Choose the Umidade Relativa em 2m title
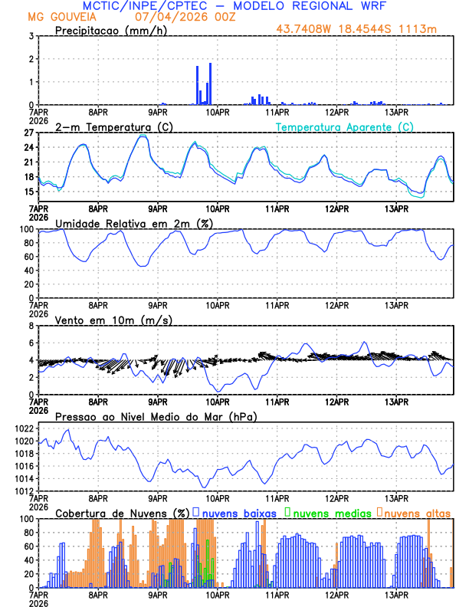(133, 223)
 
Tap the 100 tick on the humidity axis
(28, 229)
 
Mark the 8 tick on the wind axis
(32, 326)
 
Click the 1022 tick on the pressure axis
(25, 428)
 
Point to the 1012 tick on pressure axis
(25, 491)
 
